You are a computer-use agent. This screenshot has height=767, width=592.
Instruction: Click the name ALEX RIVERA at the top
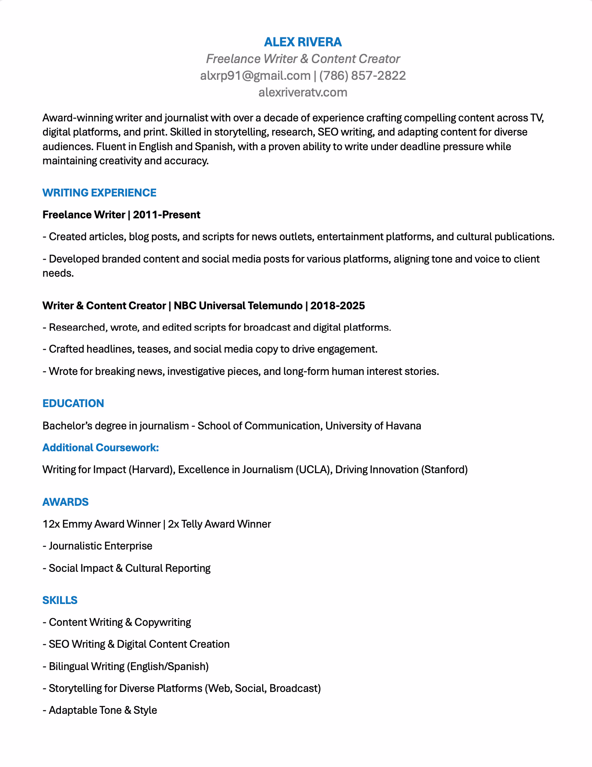[303, 42]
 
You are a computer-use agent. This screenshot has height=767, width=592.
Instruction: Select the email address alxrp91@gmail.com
[255, 76]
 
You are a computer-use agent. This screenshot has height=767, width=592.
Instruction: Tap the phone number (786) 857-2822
[362, 76]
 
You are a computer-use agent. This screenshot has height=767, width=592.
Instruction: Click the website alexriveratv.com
[303, 93]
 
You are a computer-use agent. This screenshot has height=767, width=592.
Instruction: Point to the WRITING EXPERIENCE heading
[99, 193]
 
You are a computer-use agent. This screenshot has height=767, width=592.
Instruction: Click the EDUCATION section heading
[73, 404]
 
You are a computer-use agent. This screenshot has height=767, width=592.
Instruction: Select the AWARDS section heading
[65, 502]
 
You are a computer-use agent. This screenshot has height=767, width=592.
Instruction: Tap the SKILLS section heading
[60, 601]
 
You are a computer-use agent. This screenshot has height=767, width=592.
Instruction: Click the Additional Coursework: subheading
[100, 448]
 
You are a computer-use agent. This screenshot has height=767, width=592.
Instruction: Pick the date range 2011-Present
[166, 215]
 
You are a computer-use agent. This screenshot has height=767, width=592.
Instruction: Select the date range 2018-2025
[338, 306]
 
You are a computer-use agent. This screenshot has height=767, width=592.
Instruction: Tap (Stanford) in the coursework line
[444, 470]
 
